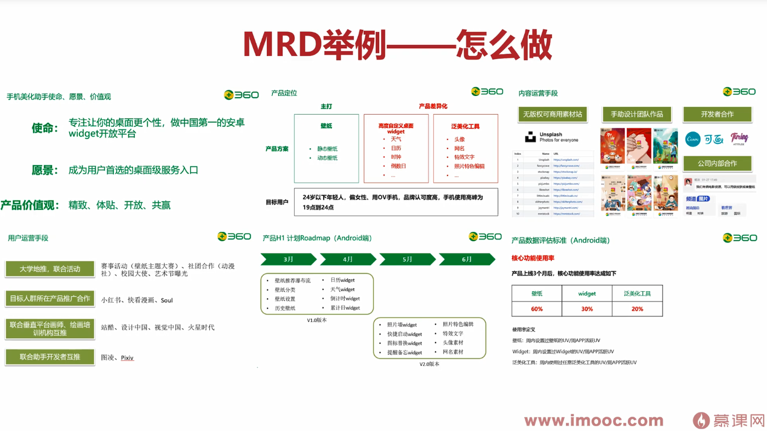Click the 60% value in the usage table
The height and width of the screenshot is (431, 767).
pos(536,309)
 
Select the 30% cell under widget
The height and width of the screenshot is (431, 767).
pos(587,309)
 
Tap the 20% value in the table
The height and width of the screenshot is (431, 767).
pos(637,309)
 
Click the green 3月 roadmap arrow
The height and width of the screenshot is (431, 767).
pos(288,259)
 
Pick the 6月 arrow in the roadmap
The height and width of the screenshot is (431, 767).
pos(467,259)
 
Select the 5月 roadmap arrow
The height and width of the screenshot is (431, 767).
pos(407,259)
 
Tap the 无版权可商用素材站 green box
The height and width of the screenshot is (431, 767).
pos(552,114)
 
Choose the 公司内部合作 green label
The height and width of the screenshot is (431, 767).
pos(717,163)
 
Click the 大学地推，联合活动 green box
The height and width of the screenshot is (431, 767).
pos(50,269)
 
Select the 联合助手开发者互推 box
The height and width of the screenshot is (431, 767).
pos(50,356)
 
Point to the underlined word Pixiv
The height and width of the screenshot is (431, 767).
pos(127,358)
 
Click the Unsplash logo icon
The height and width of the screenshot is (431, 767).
pos(530,137)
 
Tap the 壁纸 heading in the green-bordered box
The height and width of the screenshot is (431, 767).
pos(326,126)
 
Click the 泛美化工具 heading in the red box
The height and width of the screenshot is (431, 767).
pos(465,126)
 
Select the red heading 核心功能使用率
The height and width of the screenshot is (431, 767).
pos(533,258)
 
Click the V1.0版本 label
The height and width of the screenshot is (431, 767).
pos(317,320)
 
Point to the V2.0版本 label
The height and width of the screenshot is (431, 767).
pos(430,364)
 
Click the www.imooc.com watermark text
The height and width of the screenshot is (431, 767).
pos(593,421)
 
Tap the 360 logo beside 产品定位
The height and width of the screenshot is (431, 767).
pos(486,92)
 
